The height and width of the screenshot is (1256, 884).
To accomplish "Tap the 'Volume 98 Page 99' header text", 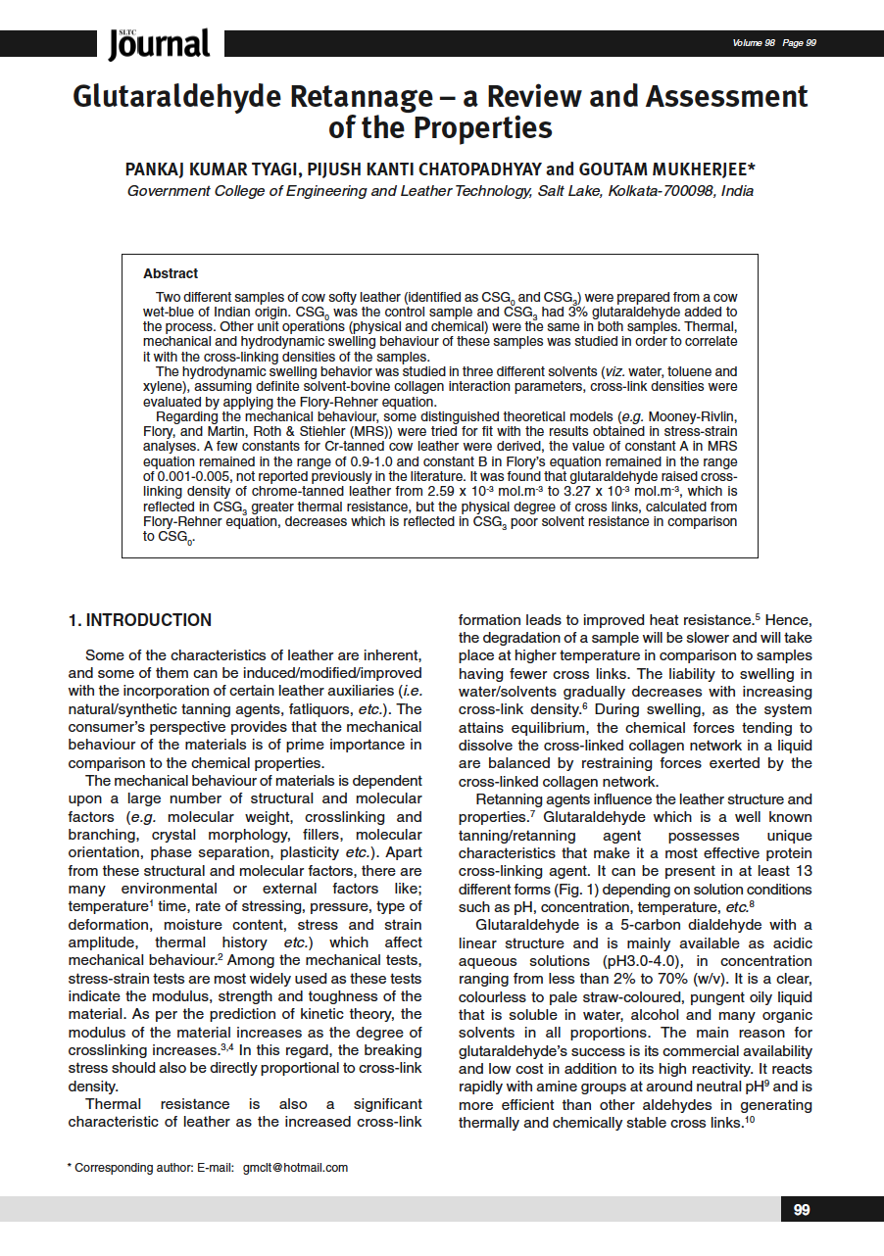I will coord(774,43).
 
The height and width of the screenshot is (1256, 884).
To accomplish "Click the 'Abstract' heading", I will coord(171,273).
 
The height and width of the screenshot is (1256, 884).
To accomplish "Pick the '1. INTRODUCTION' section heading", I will coord(139,620).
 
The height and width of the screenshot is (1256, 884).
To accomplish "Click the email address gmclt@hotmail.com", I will coord(296,1167).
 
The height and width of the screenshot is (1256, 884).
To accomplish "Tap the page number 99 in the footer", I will coord(802,1210).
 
